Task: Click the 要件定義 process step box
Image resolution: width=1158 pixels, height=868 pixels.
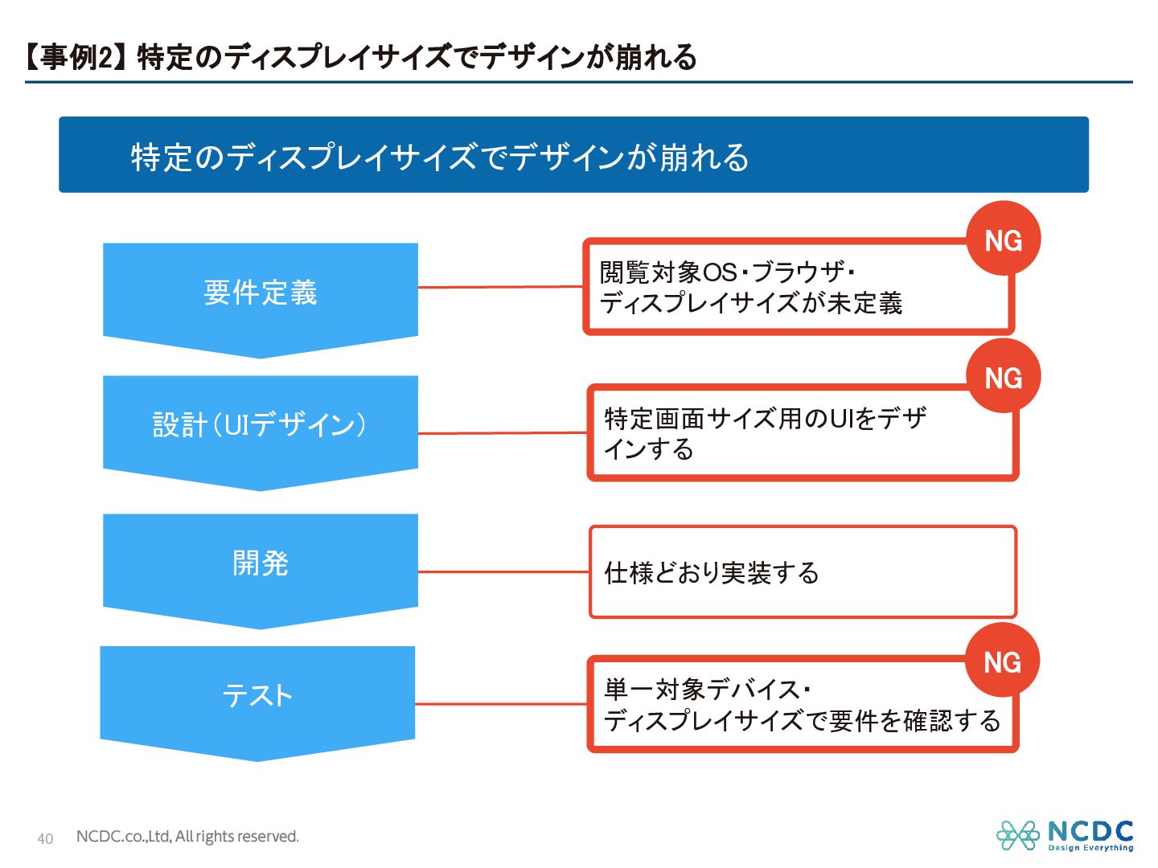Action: [x=260, y=293]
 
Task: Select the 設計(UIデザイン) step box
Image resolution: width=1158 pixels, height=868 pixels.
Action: [x=260, y=425]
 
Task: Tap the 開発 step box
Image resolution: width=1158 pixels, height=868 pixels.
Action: [x=260, y=563]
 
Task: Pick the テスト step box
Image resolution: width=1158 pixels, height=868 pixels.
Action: [x=257, y=696]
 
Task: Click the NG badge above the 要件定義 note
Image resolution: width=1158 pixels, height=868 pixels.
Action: [x=1003, y=240]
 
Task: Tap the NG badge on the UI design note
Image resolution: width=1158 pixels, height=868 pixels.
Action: [x=1003, y=377]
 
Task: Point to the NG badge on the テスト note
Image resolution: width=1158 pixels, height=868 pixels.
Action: [x=1002, y=661]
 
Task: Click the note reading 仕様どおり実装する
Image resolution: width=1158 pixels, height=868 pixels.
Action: [x=803, y=572]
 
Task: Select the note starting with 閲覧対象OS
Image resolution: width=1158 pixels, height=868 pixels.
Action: [x=796, y=288]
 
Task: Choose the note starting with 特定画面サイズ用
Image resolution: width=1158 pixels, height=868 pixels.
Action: [x=801, y=434]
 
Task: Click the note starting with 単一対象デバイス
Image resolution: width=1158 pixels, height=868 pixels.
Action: [x=801, y=705]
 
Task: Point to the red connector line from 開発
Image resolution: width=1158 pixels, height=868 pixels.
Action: [x=503, y=571]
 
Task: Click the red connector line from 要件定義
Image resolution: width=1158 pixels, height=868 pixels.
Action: [x=500, y=286]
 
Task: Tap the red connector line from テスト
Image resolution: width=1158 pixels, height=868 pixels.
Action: [x=501, y=704]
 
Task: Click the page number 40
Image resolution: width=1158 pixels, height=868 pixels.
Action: [x=45, y=839]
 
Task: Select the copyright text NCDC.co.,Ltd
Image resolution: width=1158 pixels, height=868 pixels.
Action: [x=187, y=837]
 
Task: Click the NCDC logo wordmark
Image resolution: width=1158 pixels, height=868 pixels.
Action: [x=1090, y=832]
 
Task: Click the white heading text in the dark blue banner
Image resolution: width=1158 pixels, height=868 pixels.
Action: [x=440, y=157]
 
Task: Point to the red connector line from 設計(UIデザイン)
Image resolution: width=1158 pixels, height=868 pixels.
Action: [x=503, y=433]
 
